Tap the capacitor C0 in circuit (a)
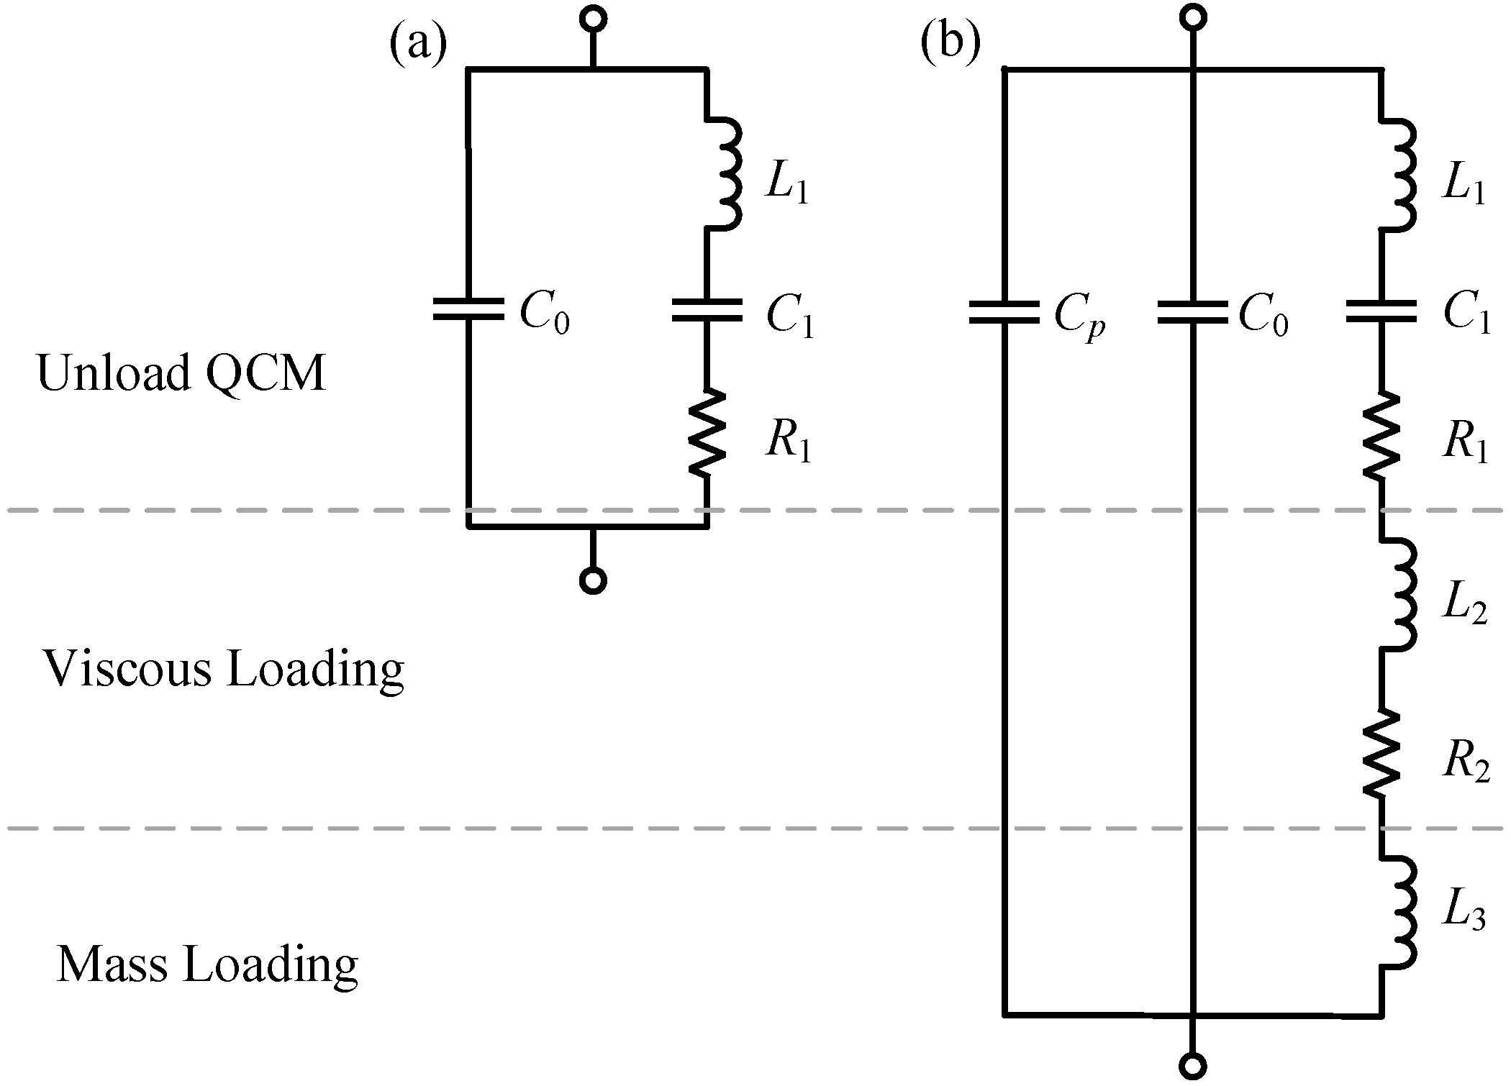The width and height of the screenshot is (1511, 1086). point(468,310)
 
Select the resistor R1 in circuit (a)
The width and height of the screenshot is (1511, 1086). point(707,433)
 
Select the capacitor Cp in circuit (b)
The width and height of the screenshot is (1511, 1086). point(1004,312)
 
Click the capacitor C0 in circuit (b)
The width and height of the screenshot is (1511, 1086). point(1192,312)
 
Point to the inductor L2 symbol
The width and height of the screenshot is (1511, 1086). point(1397,596)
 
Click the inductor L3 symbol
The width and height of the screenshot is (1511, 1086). point(1397,912)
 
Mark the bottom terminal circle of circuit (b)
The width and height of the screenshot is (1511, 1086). point(1193,1065)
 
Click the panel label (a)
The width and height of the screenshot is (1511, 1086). point(418,45)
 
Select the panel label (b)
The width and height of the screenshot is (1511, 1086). point(950,43)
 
